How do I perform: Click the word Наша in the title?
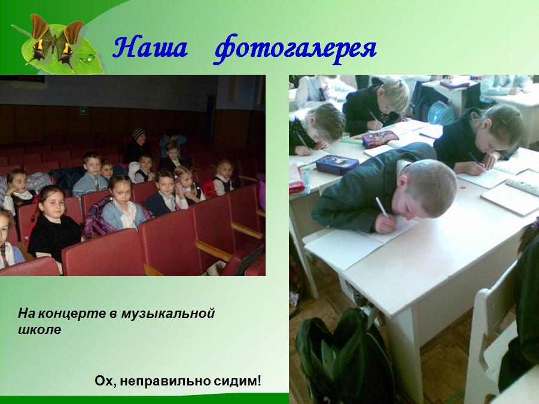(150, 47)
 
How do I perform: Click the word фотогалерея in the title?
(296, 49)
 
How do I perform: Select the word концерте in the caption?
(73, 314)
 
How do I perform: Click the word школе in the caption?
(39, 329)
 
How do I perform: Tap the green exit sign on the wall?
(83, 110)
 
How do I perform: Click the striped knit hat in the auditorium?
(139, 133)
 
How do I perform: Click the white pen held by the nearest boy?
(382, 207)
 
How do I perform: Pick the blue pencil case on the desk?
(337, 164)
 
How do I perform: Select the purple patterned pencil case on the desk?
(380, 139)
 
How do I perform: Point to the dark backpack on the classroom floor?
(345, 357)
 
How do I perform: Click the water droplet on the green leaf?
(90, 58)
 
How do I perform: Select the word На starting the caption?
(27, 314)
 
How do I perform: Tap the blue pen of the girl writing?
(477, 161)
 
